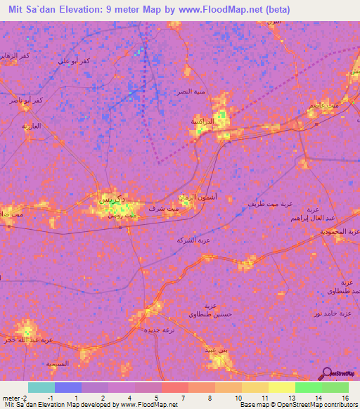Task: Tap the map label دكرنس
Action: coord(114,200)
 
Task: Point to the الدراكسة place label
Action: coord(202,121)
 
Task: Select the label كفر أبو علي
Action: coord(75,62)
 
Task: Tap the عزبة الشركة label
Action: coord(193,240)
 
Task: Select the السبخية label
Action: coord(58,364)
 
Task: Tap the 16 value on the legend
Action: coord(345,397)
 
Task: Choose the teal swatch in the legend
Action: coord(41,387)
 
